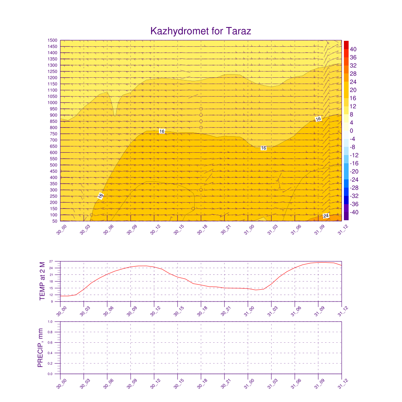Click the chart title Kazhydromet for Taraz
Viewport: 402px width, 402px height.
201,31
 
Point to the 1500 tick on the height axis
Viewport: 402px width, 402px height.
53,40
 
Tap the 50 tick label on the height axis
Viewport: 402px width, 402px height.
55,221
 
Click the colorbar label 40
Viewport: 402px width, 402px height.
353,49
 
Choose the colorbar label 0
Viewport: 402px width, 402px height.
352,131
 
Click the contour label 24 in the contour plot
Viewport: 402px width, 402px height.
326,216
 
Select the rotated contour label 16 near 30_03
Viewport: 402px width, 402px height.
100,196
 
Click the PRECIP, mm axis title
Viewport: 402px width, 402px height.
40,347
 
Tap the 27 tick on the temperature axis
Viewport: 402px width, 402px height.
51,261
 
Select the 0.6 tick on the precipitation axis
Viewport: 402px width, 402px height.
50,342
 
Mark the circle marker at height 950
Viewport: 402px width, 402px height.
201,109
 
